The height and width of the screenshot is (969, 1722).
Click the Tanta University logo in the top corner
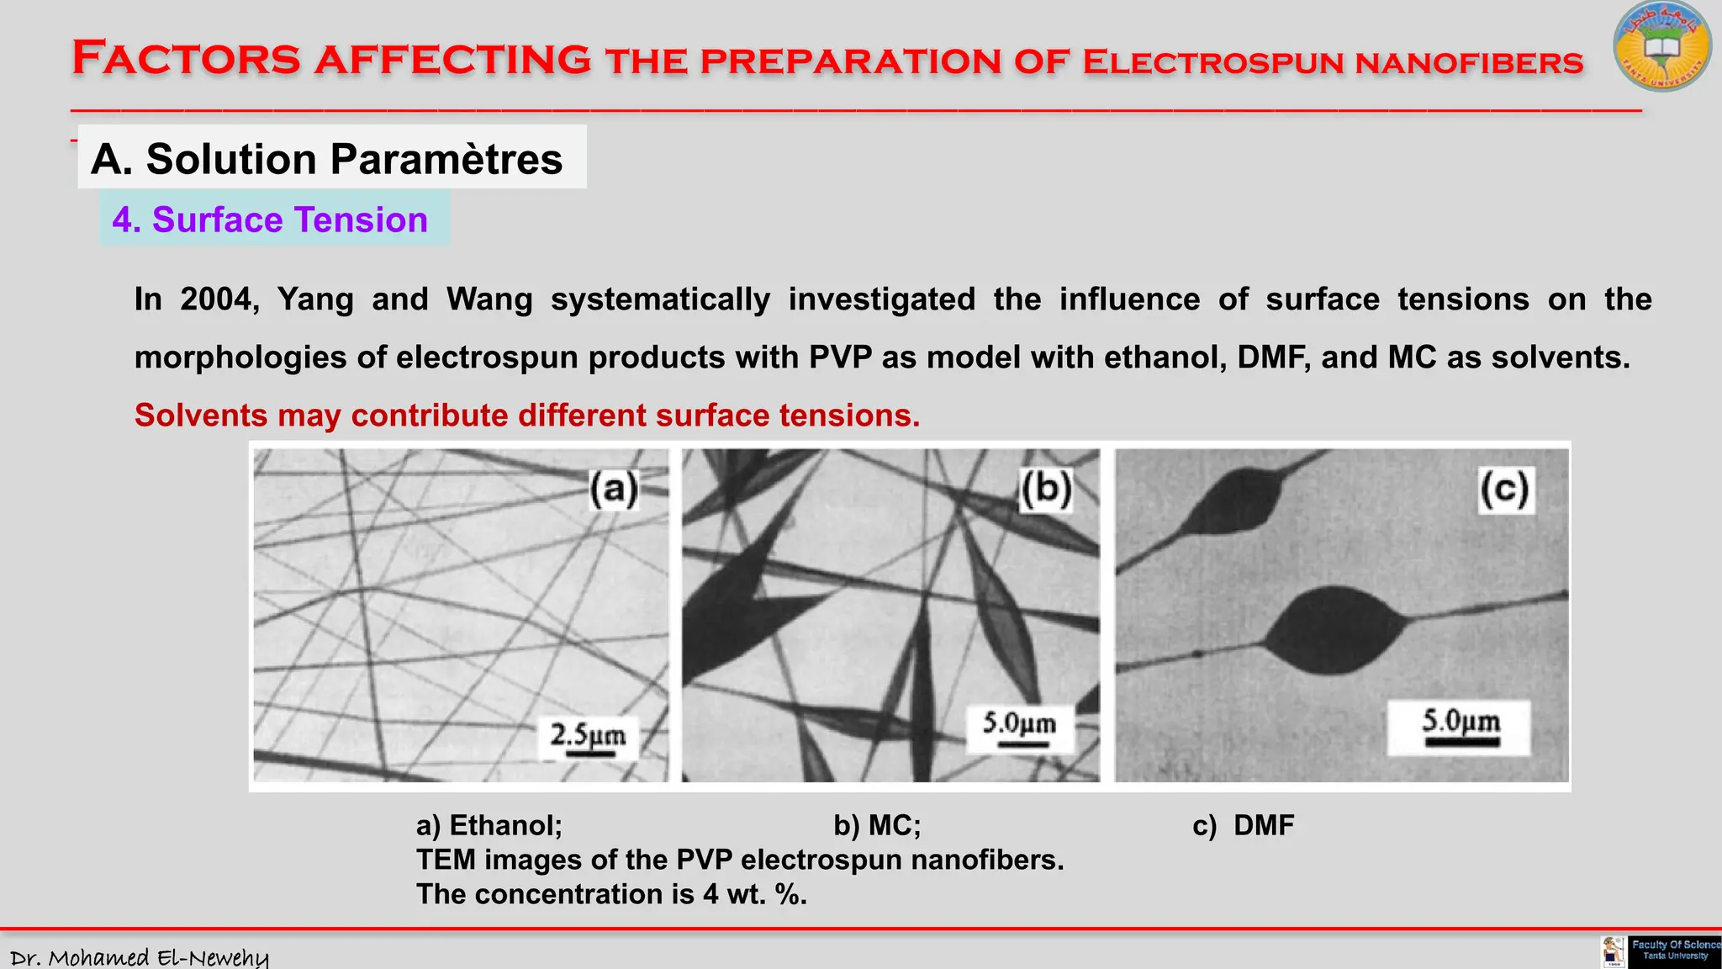(x=1661, y=47)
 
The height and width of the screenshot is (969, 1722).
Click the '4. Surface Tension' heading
(x=270, y=220)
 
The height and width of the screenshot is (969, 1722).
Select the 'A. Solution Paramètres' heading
(x=326, y=158)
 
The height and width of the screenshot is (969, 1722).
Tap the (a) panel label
(x=613, y=489)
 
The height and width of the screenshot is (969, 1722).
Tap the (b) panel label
(x=1046, y=488)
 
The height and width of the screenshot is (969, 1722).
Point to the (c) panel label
(x=1505, y=490)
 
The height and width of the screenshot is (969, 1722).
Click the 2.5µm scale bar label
(x=588, y=735)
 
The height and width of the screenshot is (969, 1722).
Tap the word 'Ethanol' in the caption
(x=505, y=825)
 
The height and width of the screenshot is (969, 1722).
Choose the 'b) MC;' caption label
(x=877, y=825)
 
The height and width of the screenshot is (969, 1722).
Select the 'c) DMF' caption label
(x=1244, y=825)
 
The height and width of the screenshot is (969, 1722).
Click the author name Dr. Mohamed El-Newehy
(x=140, y=957)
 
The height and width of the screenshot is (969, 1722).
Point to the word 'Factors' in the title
(x=186, y=59)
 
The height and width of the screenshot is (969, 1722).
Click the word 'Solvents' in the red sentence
(x=201, y=416)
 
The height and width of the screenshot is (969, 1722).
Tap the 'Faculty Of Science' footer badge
(x=1673, y=950)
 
